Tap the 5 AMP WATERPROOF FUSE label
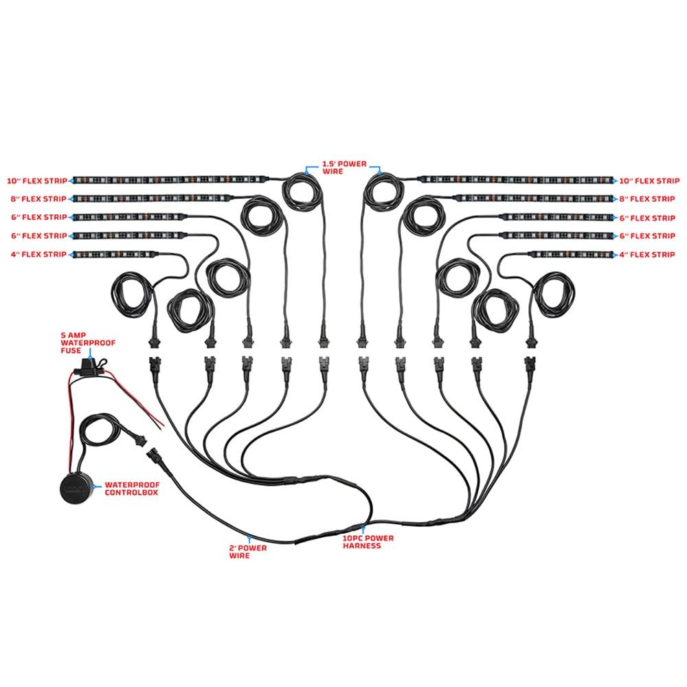(x=88, y=343)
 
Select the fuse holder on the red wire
(x=90, y=367)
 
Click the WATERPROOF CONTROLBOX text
(x=132, y=488)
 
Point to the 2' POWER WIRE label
(x=247, y=551)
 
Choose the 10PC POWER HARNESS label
(x=368, y=541)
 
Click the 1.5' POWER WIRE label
(x=344, y=168)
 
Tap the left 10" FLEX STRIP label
(x=37, y=181)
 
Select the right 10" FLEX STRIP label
(x=649, y=181)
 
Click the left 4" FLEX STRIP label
(x=38, y=254)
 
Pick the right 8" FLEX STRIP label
(x=646, y=199)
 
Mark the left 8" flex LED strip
(x=151, y=199)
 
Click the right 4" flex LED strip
(x=572, y=254)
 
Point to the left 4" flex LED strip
(x=114, y=254)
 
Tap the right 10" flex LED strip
(x=516, y=179)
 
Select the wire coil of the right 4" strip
(x=553, y=294)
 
